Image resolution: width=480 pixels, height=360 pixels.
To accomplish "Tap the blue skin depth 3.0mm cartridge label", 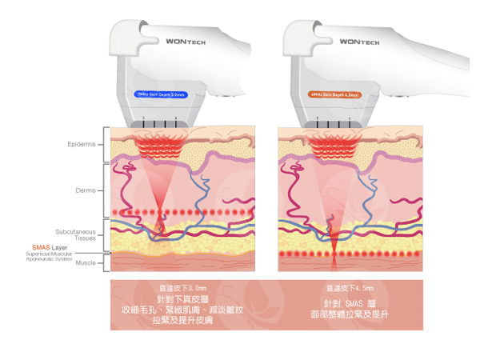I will coord(162,93).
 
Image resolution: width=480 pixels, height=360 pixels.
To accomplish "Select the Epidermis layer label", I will coord(83,145).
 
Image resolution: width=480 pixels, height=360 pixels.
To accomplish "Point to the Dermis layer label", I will coord(86,190).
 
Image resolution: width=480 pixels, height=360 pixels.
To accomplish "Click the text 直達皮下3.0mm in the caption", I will coord(182,287).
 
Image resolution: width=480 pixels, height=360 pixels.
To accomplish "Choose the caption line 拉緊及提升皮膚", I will coord(182,321).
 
